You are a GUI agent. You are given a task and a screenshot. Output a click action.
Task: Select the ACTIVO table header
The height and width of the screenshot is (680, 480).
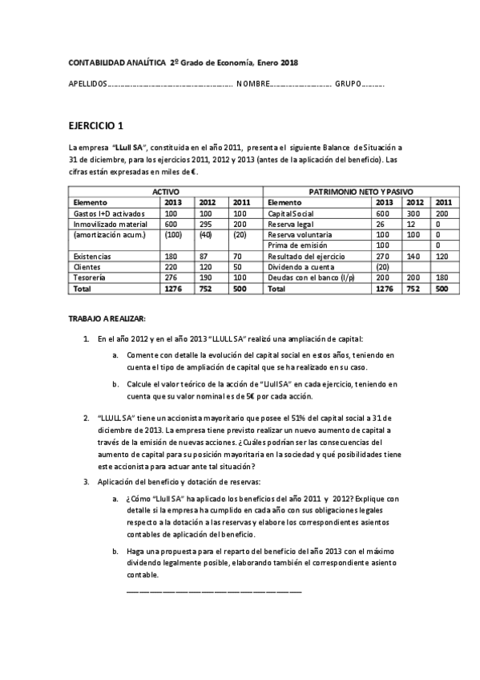(166, 192)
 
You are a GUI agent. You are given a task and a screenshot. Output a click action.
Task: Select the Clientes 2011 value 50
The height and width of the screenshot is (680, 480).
(238, 265)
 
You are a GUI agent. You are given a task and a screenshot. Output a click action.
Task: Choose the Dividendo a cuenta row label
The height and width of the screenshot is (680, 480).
(298, 265)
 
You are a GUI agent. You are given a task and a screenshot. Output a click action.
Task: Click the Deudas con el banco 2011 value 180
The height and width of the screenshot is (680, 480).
(442, 276)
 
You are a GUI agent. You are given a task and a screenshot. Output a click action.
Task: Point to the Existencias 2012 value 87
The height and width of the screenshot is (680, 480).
(205, 255)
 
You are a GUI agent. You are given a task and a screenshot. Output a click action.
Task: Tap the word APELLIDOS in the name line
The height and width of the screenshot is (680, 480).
(88, 83)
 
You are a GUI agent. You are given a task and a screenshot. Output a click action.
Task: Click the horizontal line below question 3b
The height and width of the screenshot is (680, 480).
(215, 591)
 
